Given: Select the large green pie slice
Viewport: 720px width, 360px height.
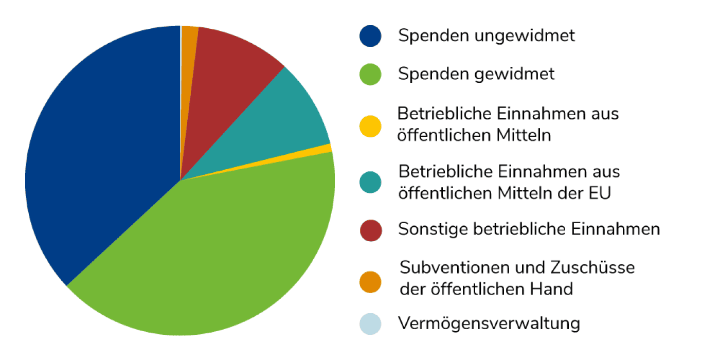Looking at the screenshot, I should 216,257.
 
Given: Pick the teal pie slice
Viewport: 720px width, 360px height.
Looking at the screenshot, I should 288,123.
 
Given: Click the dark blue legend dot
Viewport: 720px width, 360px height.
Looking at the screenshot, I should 370,36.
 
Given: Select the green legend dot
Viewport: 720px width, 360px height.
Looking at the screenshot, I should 370,74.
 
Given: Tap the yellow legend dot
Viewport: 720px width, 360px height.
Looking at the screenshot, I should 370,126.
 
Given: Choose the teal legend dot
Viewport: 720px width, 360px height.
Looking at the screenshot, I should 370,183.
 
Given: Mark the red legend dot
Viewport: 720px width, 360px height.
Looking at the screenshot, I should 370,230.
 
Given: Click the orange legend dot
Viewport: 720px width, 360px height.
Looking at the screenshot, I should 370,281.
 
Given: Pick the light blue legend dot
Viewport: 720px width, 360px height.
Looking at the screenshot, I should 370,324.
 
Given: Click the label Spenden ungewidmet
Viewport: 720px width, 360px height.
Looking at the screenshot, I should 487,36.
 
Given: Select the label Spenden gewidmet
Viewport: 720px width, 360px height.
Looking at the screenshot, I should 476,74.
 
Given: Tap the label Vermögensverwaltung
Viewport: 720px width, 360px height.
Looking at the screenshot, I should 489,324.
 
